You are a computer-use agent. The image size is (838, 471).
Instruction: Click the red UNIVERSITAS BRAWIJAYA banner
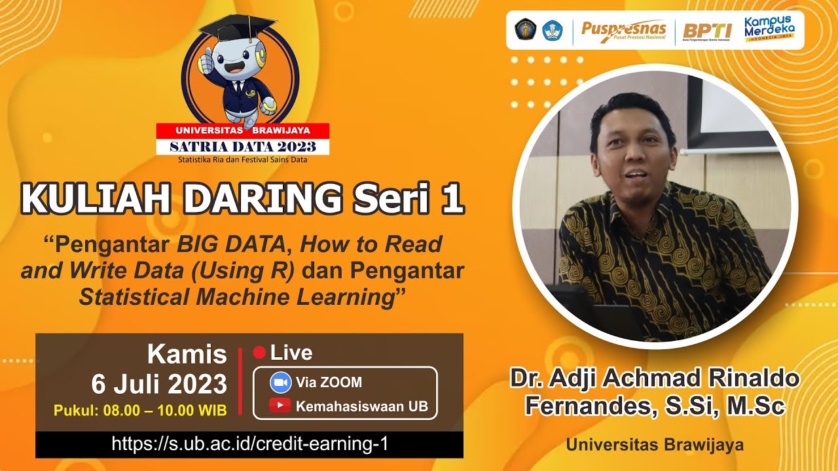[x=242, y=130]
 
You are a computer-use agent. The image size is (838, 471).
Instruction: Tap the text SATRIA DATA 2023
[x=242, y=147]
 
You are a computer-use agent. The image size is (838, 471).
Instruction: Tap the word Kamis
[x=187, y=355]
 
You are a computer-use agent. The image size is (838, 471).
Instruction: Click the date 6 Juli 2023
[x=159, y=384]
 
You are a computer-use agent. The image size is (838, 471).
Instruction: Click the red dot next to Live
[x=259, y=353]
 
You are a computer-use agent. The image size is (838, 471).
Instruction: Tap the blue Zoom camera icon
[x=280, y=382]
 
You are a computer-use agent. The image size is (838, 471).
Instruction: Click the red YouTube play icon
[x=280, y=406]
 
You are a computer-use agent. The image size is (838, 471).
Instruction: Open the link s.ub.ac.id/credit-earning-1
[x=249, y=444]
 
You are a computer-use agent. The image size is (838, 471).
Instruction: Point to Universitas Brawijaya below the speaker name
[x=655, y=445]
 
